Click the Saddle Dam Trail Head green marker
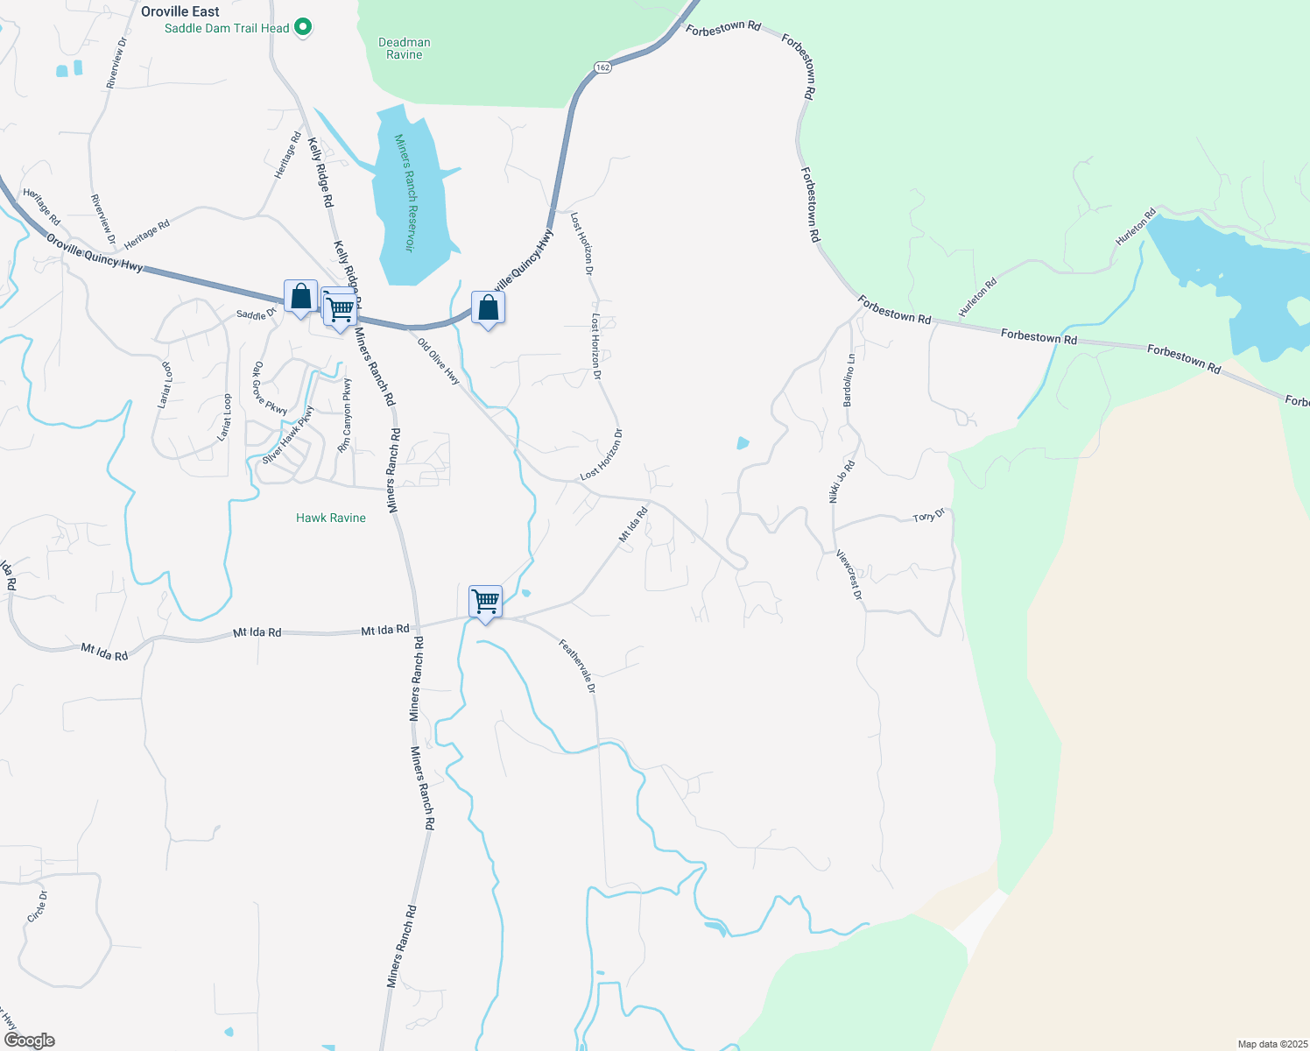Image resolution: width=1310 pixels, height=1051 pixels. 303,28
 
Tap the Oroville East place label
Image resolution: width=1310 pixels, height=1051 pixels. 180,11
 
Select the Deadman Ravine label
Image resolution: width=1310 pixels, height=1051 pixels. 405,48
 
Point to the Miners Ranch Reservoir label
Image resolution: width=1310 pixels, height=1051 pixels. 403,193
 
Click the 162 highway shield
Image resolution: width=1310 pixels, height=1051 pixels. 602,67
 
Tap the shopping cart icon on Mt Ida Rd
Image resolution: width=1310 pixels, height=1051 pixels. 485,603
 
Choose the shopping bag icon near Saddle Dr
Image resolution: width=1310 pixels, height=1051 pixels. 300,297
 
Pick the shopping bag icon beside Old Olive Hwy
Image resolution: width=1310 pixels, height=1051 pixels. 488,308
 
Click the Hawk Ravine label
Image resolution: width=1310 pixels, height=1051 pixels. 331,518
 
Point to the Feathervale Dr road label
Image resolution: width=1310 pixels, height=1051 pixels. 578,666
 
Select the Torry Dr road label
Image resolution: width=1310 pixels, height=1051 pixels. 929,516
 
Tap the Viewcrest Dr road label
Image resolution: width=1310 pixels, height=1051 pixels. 849,575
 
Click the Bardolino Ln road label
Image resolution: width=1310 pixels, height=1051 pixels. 849,380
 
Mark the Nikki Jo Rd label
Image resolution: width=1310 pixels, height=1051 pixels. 842,482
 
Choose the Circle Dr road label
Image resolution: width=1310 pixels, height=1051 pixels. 37,906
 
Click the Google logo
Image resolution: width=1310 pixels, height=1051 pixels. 30,1040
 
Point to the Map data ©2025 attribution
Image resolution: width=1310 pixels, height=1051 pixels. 1271,1044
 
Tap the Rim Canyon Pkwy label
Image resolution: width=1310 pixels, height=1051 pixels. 345,416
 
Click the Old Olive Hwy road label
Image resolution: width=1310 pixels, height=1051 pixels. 439,361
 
